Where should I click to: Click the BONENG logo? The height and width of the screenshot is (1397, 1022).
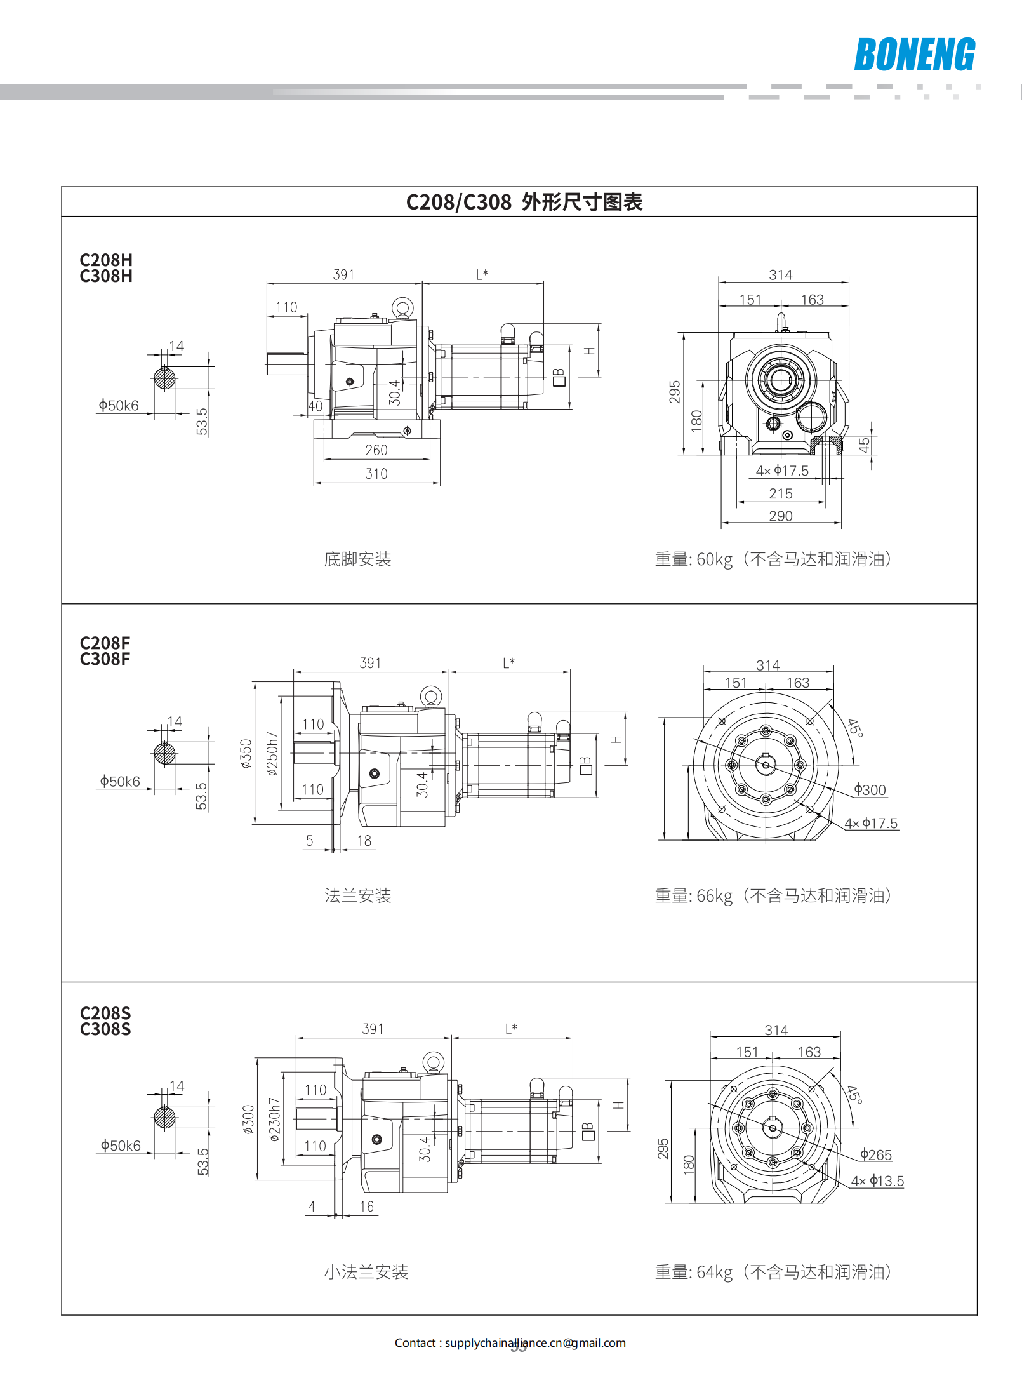pyautogui.click(x=914, y=55)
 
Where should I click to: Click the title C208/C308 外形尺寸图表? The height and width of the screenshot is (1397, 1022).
pyautogui.click(x=524, y=202)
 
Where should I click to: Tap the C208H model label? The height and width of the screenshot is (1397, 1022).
pyautogui.click(x=106, y=260)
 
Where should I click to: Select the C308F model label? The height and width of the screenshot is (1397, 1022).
pyautogui.click(x=105, y=659)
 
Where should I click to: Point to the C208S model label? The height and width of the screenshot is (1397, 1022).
pyautogui.click(x=105, y=1013)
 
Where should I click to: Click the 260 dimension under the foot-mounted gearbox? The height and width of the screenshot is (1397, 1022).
pyautogui.click(x=376, y=450)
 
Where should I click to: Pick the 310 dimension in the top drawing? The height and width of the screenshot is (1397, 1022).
pyautogui.click(x=376, y=474)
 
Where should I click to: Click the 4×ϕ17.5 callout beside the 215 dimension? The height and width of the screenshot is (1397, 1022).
pyautogui.click(x=782, y=471)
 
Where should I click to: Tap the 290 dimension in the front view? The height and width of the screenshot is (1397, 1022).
pyautogui.click(x=781, y=516)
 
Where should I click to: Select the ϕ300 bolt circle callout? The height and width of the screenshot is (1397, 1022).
pyautogui.click(x=870, y=790)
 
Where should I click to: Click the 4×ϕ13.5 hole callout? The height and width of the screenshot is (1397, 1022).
pyautogui.click(x=877, y=1181)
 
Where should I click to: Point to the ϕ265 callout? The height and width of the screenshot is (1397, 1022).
pyautogui.click(x=876, y=1155)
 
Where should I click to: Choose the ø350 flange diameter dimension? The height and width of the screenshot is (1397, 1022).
pyautogui.click(x=246, y=753)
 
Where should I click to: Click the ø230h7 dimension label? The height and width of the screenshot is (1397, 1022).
pyautogui.click(x=274, y=1120)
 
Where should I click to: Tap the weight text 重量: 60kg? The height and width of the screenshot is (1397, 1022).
pyautogui.click(x=694, y=559)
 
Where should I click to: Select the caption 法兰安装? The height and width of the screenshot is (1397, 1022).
pyautogui.click(x=357, y=896)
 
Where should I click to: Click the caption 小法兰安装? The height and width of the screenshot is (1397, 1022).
pyautogui.click(x=366, y=1272)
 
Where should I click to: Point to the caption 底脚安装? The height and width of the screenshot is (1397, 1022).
pyautogui.click(x=357, y=559)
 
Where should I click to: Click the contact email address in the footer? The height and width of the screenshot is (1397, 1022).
pyautogui.click(x=535, y=1343)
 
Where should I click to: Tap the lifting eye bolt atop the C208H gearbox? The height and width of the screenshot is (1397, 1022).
pyautogui.click(x=402, y=309)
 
